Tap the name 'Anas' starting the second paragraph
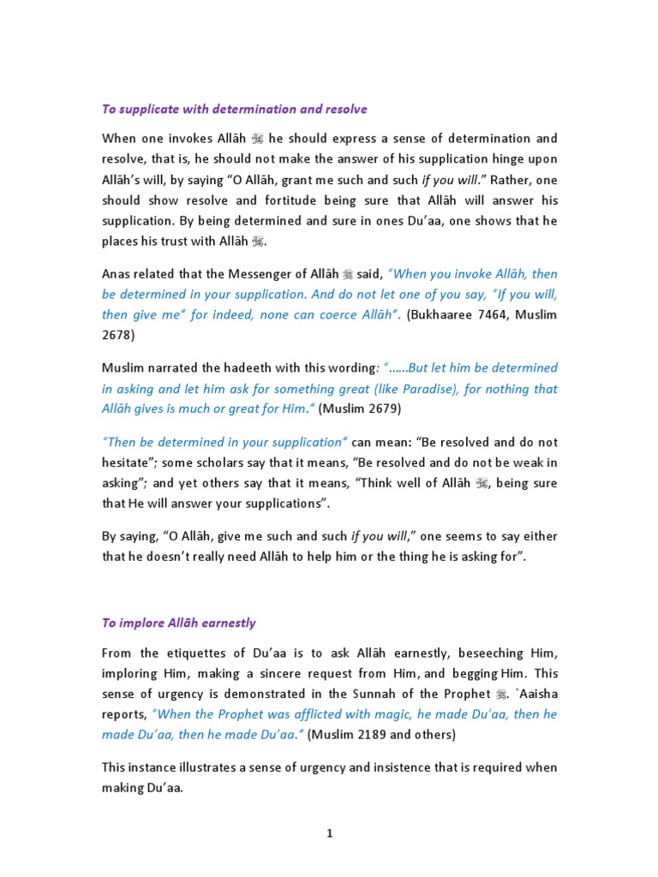(117, 274)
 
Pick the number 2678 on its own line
(117, 336)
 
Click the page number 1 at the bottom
(329, 835)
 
